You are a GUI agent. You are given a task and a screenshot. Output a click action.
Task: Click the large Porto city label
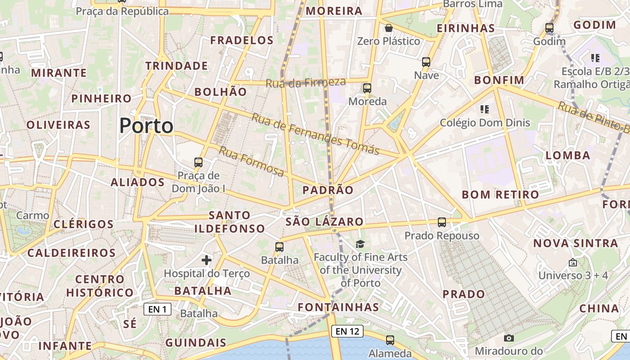(146, 126)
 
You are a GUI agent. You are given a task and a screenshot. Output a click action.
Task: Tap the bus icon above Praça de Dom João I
(198, 162)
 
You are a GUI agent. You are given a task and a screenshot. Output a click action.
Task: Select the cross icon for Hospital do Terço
(207, 260)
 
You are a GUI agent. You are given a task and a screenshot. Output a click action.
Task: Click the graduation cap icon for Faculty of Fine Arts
(360, 244)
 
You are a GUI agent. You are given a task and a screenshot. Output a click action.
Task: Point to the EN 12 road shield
(347, 332)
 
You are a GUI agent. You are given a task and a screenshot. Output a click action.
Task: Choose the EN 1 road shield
(157, 309)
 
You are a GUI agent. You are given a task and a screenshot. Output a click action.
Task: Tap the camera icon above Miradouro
(509, 338)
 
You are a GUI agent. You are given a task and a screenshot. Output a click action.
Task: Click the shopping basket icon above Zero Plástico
(389, 28)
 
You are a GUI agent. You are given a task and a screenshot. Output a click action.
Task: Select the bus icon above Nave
(426, 62)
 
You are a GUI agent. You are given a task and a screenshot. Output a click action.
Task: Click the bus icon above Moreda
(367, 88)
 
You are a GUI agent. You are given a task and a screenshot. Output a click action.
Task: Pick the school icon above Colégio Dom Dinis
(484, 109)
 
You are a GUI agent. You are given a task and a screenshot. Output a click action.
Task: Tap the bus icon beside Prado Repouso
(442, 222)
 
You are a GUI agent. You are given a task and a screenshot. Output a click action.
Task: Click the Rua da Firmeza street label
(306, 82)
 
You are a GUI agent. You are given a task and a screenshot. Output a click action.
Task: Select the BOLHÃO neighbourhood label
(220, 92)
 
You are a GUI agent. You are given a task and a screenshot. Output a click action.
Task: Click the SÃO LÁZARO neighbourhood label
(324, 221)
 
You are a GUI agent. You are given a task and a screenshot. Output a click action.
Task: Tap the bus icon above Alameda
(390, 340)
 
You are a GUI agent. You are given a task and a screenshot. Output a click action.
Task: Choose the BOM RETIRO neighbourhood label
(500, 194)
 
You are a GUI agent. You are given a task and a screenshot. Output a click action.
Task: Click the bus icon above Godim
(549, 28)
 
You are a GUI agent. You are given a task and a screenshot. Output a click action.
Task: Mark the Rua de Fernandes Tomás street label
(315, 134)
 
